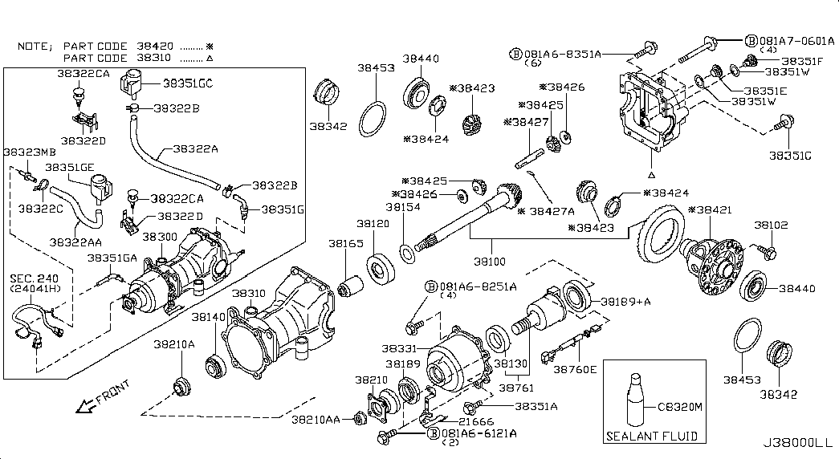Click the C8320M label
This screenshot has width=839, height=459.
(x=680, y=408)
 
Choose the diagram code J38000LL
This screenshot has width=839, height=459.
(x=798, y=443)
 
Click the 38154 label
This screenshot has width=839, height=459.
(x=403, y=206)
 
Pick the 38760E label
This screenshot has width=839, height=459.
(x=575, y=369)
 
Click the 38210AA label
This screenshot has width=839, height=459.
(x=315, y=420)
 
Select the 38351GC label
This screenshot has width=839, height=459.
(x=188, y=83)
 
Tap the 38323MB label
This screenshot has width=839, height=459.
(x=30, y=151)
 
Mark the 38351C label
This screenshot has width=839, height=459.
(x=790, y=154)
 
